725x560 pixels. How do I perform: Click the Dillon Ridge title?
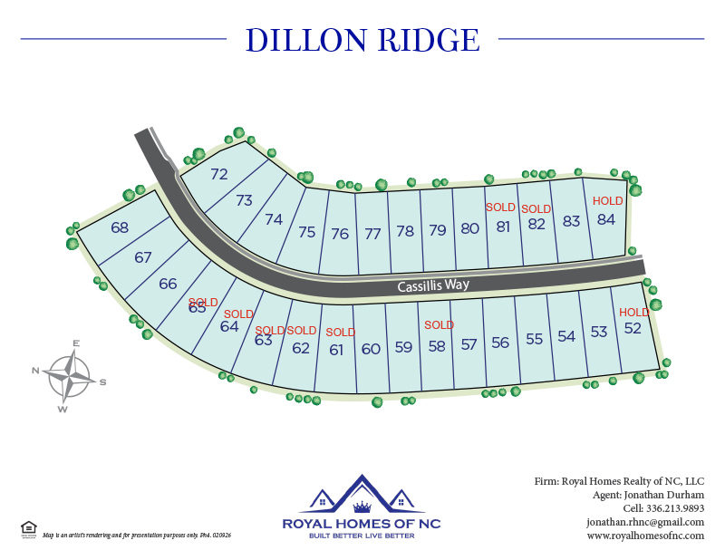pyautogui.click(x=362, y=40)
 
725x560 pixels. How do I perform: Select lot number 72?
pyautogui.click(x=219, y=174)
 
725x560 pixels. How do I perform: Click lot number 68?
pyautogui.click(x=120, y=227)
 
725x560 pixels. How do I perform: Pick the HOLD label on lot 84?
pyautogui.click(x=607, y=201)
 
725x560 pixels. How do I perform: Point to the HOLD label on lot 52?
pyautogui.click(x=634, y=313)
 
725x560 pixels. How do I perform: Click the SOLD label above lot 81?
pyautogui.click(x=500, y=208)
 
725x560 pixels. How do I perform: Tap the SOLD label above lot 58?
pyautogui.click(x=439, y=325)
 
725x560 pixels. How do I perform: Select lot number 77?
pyautogui.click(x=372, y=233)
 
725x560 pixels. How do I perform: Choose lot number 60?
pyautogui.click(x=371, y=349)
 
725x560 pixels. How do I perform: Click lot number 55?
pyautogui.click(x=534, y=339)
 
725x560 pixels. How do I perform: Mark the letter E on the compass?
pyautogui.click(x=76, y=343)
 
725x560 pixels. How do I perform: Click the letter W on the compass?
pyautogui.click(x=63, y=409)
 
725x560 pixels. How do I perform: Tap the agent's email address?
pyautogui.click(x=645, y=522)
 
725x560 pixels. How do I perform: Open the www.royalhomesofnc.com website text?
pyautogui.click(x=645, y=536)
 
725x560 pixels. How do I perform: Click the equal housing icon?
pyautogui.click(x=29, y=528)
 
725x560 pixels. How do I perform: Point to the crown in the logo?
pyautogui.click(x=362, y=506)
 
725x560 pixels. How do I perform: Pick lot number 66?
pyautogui.click(x=168, y=284)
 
